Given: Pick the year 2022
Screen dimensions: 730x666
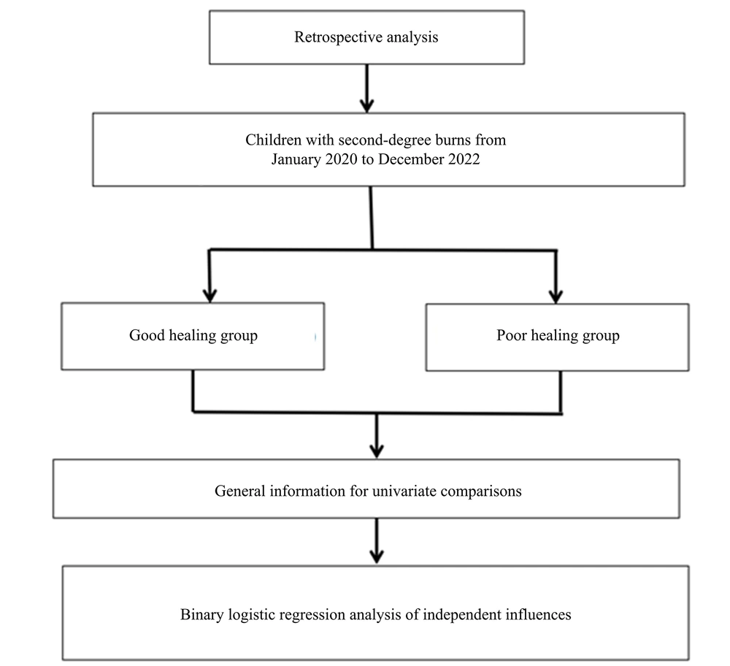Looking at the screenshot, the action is [x=464, y=159].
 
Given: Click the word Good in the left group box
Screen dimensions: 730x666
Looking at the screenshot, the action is [x=147, y=335].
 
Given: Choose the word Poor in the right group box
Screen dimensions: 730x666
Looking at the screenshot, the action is [x=511, y=335].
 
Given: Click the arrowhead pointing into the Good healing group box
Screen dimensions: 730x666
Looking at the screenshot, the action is [x=210, y=296].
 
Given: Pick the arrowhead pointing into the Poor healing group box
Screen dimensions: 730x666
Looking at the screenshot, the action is [x=556, y=297].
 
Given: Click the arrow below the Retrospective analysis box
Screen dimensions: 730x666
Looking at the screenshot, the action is [x=367, y=88].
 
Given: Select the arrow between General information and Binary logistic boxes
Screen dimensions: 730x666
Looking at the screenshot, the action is [x=377, y=540].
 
